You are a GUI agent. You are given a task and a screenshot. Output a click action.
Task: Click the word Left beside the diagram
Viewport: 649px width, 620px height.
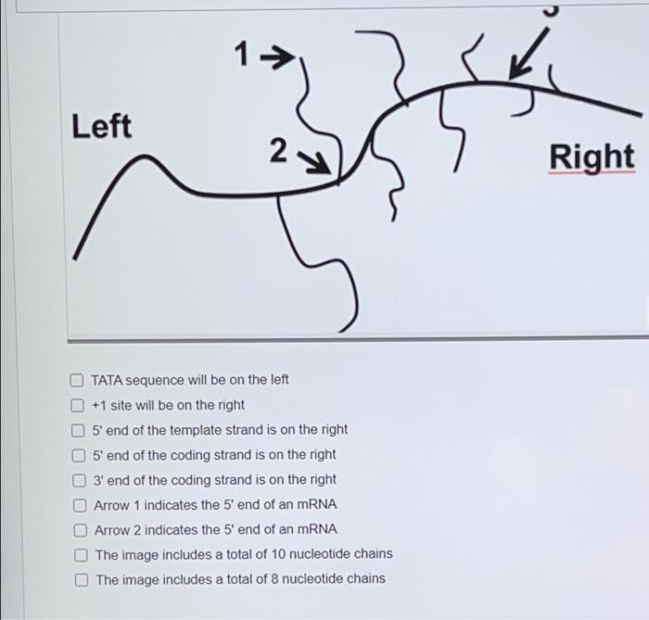tap(102, 126)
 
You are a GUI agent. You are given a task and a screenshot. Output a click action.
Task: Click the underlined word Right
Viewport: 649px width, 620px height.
tap(592, 157)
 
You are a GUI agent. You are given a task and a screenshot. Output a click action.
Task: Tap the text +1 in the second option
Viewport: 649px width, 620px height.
tap(99, 405)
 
